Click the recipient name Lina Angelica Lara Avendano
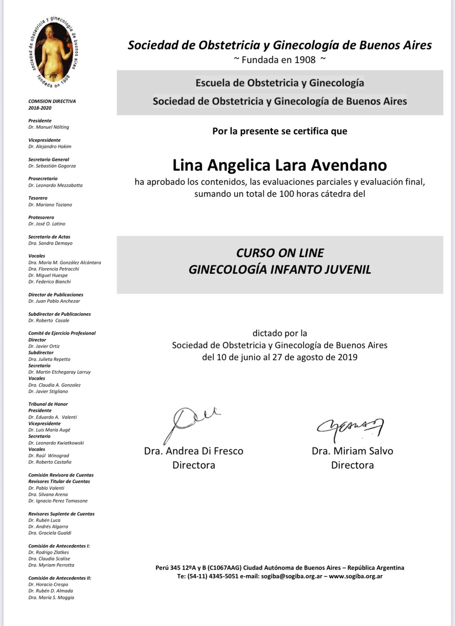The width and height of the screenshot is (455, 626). point(279,165)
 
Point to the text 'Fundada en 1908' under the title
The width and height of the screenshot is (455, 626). point(279,60)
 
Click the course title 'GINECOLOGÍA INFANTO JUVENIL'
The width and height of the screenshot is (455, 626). point(279,270)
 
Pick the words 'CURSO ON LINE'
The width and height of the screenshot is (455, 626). point(280,253)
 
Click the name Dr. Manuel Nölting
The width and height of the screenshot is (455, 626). point(49,127)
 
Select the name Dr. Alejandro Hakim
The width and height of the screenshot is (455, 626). point(50,147)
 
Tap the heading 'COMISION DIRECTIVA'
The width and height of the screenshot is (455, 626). point(52,101)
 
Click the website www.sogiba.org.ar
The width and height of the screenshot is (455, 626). point(355,576)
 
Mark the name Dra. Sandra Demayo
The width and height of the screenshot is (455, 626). point(50,243)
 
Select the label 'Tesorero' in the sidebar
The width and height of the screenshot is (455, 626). point(38,198)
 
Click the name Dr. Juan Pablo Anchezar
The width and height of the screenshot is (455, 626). point(54,301)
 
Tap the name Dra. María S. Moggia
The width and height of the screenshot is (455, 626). point(51,598)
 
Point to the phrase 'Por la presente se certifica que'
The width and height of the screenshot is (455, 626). point(279,131)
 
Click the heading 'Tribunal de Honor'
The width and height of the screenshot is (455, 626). point(48,404)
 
